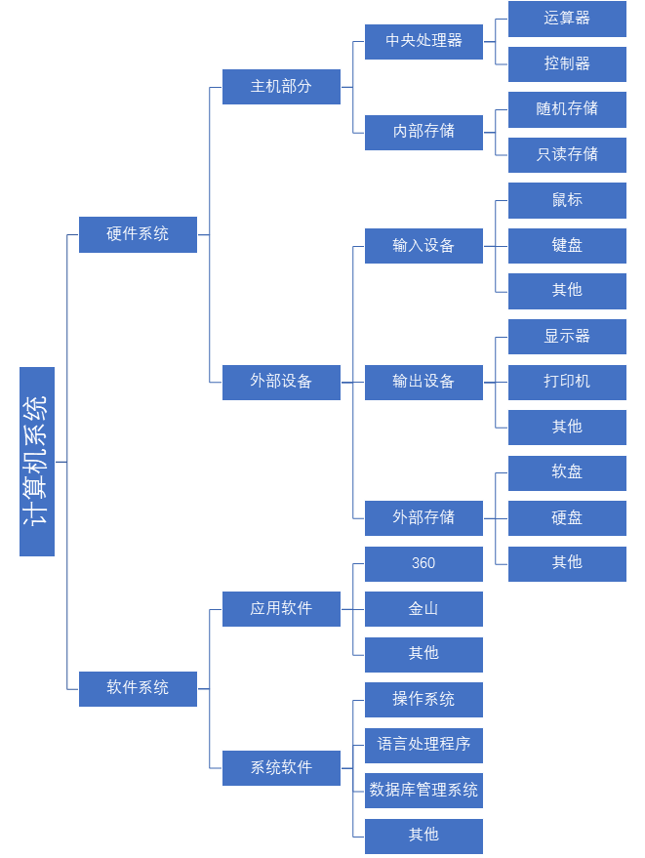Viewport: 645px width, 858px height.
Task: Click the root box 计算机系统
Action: (37, 462)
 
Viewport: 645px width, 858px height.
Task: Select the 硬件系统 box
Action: (138, 234)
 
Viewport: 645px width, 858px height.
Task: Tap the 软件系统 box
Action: (138, 688)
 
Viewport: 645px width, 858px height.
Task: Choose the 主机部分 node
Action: (281, 86)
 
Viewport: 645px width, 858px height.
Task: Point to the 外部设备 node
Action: (281, 382)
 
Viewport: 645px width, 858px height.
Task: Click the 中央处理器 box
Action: (423, 41)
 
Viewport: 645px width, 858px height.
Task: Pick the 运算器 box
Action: (567, 19)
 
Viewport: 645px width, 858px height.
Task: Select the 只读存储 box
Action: (567, 154)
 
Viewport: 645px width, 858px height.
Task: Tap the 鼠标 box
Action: (567, 200)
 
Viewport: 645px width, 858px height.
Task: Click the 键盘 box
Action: (567, 245)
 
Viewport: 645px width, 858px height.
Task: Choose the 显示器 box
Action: (567, 337)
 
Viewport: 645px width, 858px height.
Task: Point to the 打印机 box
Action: (567, 382)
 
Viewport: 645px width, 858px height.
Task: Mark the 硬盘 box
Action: (567, 517)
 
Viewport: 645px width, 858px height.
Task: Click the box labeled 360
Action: (423, 563)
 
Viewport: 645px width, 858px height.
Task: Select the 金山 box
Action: (423, 609)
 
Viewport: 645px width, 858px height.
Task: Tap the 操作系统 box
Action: (423, 700)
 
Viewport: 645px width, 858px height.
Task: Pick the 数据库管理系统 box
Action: (423, 791)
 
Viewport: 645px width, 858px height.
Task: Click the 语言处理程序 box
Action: (423, 745)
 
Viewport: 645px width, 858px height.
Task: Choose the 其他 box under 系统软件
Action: (423, 836)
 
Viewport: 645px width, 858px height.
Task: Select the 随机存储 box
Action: (567, 109)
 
